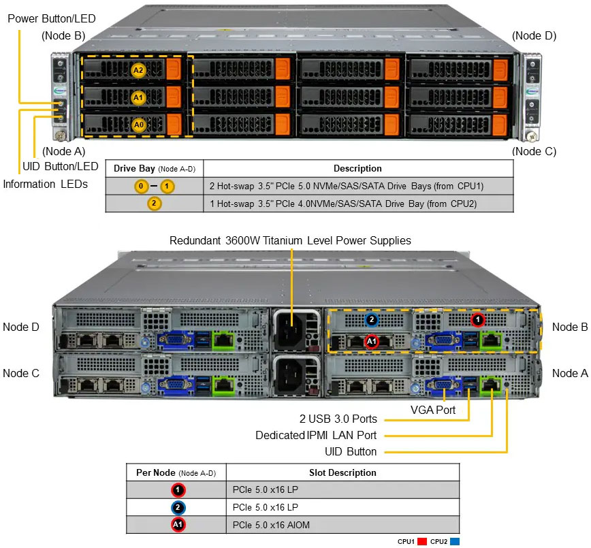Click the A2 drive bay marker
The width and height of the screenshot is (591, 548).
point(138,69)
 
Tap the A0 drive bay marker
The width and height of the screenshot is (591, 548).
point(138,125)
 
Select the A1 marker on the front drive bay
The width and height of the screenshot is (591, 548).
point(138,98)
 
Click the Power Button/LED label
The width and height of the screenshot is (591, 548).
point(52,18)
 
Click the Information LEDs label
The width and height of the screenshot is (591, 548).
point(46,184)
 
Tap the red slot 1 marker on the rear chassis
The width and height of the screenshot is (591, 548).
point(478,319)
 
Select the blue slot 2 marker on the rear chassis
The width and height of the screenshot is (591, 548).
point(372,319)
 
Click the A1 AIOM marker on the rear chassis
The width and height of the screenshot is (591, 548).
point(372,341)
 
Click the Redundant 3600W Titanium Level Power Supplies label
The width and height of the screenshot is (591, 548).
point(290,240)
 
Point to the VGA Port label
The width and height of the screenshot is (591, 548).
point(433,410)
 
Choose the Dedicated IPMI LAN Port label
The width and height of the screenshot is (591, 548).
point(316,435)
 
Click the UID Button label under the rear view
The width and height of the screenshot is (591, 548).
point(351,451)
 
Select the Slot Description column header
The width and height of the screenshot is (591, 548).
point(342,472)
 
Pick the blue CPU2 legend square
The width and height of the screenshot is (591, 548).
point(456,542)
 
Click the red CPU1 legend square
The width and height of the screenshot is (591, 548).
point(422,542)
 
